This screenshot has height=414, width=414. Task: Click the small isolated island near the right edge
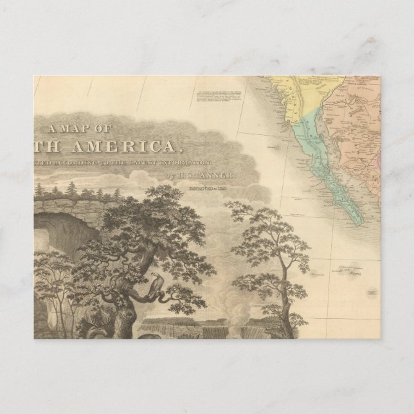[x=371, y=293]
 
